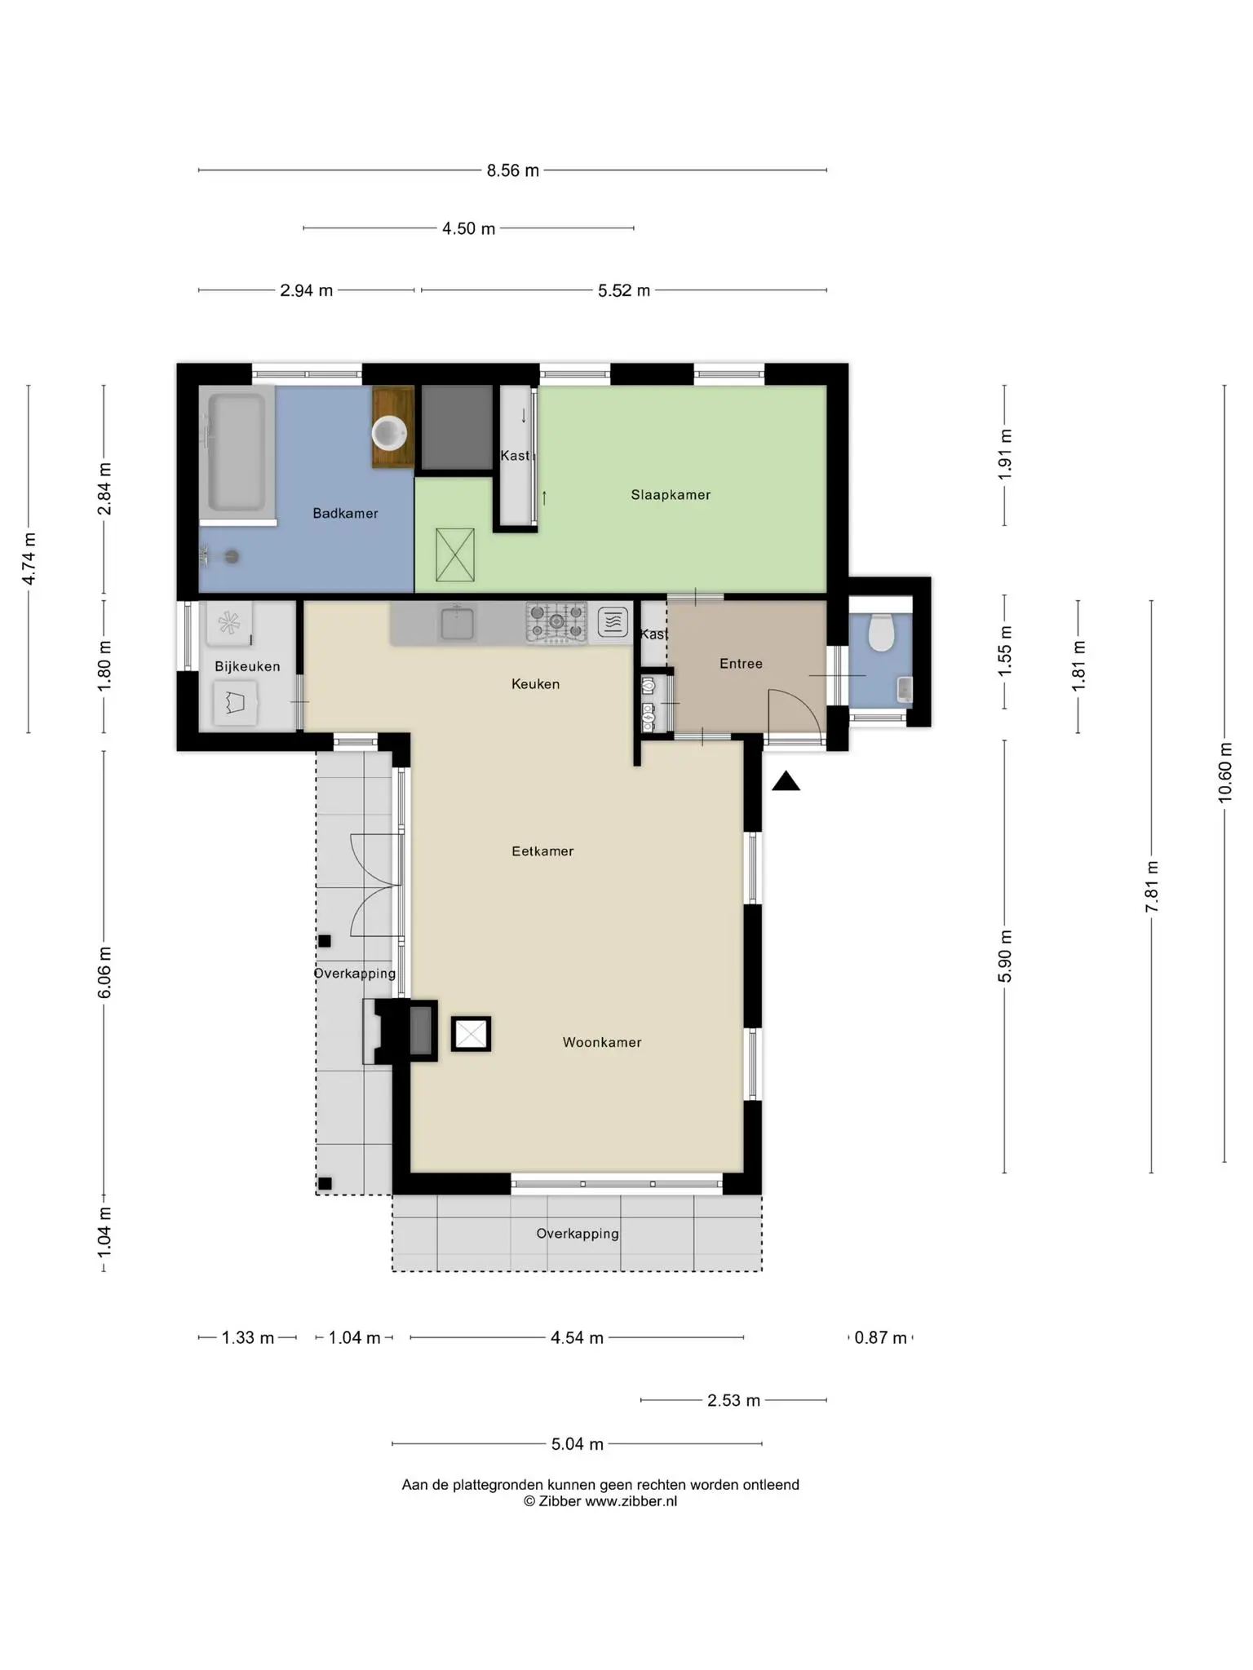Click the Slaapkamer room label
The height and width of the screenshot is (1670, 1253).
tap(671, 495)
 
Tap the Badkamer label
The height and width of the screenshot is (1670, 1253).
tap(345, 514)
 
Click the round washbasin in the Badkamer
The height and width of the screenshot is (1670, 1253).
tap(390, 433)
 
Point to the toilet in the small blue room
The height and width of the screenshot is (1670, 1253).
tap(881, 632)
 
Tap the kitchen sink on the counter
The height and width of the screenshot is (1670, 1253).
tap(458, 623)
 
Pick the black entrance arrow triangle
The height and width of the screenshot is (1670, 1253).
tap(786, 781)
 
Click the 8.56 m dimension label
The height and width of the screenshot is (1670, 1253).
tap(513, 170)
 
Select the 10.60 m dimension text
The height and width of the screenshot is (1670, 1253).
tap(1224, 772)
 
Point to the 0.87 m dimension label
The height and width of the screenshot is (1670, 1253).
tap(881, 1338)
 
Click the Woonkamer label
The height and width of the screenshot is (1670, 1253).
tap(602, 1043)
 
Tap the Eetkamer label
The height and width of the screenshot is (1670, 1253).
tap(542, 851)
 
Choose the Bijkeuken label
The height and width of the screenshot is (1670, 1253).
tap(247, 667)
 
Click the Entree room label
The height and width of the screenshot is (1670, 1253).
tap(741, 664)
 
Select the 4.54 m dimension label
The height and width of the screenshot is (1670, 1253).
tap(577, 1338)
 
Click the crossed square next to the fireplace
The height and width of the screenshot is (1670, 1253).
tap(471, 1034)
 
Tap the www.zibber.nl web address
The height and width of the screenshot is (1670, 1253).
tap(631, 1501)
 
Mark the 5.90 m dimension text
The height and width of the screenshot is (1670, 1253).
tap(1004, 956)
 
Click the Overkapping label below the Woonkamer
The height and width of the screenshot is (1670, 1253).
tap(578, 1234)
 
